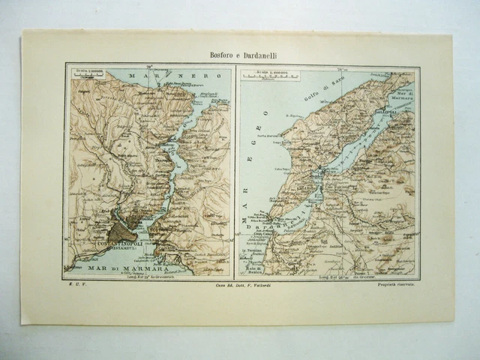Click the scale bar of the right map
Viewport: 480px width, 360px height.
coord(274,76)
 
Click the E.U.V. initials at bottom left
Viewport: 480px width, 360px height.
coord(73,286)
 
